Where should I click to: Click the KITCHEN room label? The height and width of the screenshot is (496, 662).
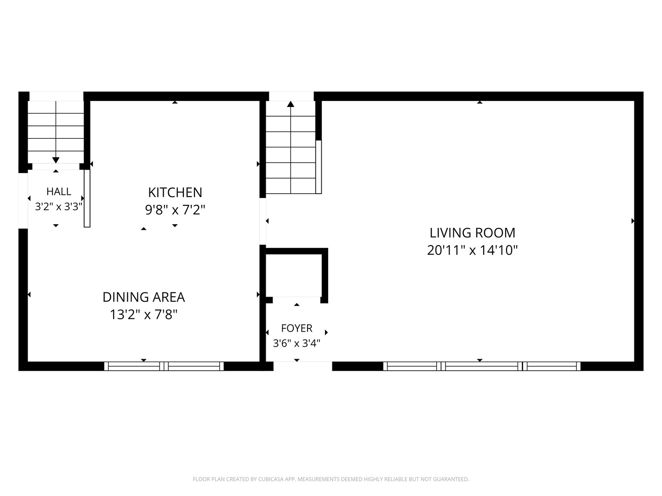coord(175,192)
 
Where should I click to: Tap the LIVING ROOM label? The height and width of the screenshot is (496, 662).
coord(472,233)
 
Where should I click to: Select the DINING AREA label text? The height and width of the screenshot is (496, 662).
coord(143,297)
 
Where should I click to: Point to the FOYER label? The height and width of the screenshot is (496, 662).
coord(297,328)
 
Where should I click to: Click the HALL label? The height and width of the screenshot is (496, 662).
coord(59,192)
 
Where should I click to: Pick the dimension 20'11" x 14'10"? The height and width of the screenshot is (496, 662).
coord(472,250)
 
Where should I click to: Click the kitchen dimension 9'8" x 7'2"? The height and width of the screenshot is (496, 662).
coord(175,209)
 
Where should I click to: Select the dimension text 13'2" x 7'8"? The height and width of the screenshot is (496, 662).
coord(143,315)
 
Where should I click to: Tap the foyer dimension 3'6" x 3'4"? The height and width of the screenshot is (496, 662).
coord(297,344)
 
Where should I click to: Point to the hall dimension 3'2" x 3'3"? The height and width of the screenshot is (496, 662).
coord(59,207)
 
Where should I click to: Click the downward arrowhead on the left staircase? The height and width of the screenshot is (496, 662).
coord(56,160)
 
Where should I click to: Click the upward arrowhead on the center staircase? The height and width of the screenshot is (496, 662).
coord(291,104)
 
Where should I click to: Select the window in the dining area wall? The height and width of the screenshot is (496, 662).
coord(164,366)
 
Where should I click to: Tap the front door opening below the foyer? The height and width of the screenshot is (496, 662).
coord(303,366)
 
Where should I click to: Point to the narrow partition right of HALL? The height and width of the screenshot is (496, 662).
coord(87,198)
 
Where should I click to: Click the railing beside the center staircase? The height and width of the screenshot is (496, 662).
coord(319,167)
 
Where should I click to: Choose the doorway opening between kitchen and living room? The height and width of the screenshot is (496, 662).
coord(263,221)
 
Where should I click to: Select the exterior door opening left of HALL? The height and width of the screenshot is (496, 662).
coord(23,201)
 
